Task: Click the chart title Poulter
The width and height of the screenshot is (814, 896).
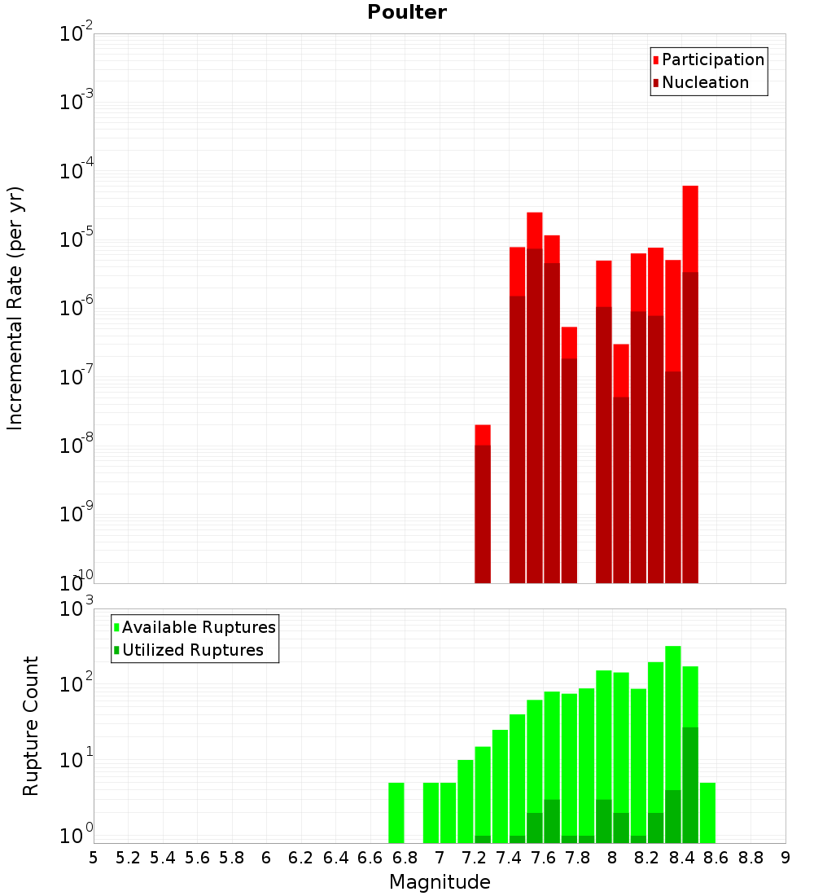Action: pyautogui.click(x=406, y=12)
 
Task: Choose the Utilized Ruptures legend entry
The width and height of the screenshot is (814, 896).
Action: pyautogui.click(x=192, y=650)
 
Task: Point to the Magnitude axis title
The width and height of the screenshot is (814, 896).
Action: pyautogui.click(x=440, y=882)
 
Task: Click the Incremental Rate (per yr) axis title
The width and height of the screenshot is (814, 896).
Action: pyautogui.click(x=15, y=309)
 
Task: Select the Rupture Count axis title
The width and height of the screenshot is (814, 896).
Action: pyautogui.click(x=31, y=726)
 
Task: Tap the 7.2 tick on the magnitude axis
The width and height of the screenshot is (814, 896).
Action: pyautogui.click(x=474, y=858)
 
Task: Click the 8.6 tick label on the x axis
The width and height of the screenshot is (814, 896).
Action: pyautogui.click(x=716, y=858)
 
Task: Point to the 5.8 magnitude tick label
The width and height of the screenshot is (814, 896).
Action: pyautogui.click(x=231, y=858)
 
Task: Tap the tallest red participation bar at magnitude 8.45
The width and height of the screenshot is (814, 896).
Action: pyautogui.click(x=690, y=228)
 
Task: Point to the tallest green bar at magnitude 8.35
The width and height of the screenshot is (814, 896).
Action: pyautogui.click(x=673, y=717)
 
